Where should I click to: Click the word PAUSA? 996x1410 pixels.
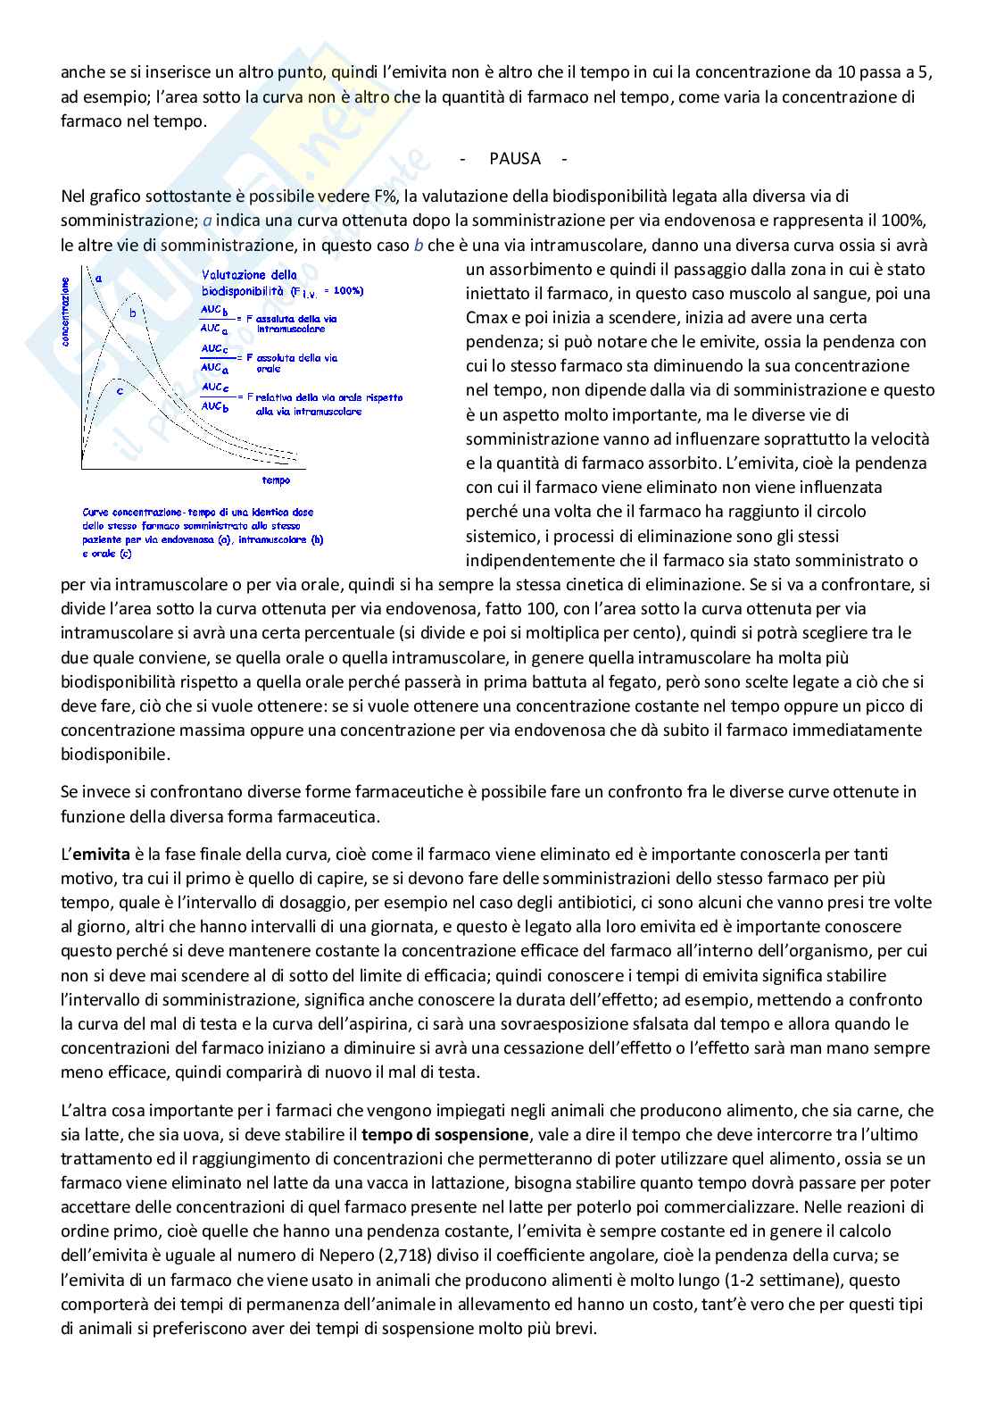[515, 159]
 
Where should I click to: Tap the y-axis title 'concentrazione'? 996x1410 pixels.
[64, 312]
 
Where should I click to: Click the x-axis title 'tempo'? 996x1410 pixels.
[276, 480]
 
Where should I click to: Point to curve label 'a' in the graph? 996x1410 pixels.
[98, 278]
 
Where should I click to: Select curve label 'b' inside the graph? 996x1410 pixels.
[133, 313]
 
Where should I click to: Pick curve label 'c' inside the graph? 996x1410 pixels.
[120, 390]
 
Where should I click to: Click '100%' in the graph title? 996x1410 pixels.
[348, 291]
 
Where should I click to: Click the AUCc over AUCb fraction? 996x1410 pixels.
[214, 396]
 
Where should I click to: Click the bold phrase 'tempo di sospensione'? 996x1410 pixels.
[444, 1135]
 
